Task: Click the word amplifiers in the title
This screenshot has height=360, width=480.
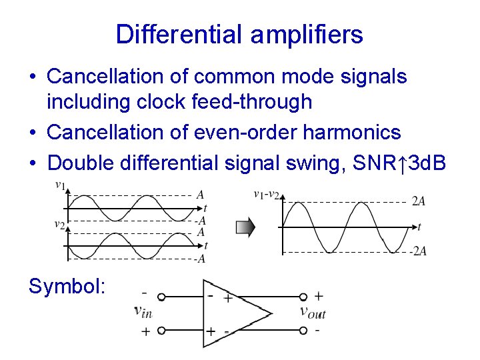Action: (307, 34)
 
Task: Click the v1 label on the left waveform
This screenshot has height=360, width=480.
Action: (60, 187)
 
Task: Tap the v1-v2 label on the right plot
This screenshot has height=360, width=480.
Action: (267, 194)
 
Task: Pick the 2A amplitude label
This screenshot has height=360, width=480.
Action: (418, 201)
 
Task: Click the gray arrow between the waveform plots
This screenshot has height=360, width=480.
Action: (245, 227)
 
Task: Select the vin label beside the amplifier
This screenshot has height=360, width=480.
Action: (143, 310)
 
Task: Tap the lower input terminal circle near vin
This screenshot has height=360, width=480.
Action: (161, 330)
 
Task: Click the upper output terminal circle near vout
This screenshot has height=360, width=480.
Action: (303, 297)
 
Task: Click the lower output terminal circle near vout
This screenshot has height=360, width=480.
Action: (303, 329)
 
